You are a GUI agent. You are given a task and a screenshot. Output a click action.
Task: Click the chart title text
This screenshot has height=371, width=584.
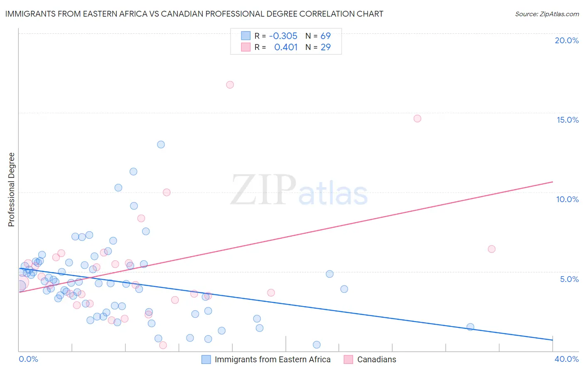194,14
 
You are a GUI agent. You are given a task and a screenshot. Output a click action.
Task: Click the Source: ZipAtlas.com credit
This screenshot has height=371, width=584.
547,14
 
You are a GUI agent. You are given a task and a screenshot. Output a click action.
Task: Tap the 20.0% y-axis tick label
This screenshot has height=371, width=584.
567,40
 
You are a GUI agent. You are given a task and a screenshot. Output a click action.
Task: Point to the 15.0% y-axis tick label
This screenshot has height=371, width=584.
567,120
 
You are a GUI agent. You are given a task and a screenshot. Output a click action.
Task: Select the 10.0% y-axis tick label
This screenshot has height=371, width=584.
567,199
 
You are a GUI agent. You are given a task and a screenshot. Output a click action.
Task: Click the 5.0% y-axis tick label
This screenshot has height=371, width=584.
569,279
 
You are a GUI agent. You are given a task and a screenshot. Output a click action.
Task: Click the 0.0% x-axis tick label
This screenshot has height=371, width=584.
28,359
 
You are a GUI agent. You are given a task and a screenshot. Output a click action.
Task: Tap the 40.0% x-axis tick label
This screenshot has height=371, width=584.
567,359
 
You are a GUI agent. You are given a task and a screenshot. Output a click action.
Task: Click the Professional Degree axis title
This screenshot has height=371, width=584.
11,190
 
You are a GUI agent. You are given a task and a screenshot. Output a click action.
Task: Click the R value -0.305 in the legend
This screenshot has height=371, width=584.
283,36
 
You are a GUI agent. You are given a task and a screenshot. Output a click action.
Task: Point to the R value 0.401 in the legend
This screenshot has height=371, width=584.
286,47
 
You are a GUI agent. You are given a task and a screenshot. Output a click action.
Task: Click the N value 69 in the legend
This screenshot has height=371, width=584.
326,36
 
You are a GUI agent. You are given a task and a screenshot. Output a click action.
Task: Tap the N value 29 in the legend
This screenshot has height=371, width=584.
326,47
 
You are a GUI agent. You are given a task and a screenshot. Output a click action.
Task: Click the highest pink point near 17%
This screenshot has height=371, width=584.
230,85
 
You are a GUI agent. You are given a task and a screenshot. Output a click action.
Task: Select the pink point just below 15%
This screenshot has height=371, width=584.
417,119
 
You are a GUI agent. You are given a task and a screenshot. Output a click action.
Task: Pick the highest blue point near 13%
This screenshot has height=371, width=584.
161,145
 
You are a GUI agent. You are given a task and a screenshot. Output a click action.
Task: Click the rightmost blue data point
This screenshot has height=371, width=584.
470,327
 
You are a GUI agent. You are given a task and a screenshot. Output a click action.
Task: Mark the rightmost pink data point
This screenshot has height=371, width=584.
491,249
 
